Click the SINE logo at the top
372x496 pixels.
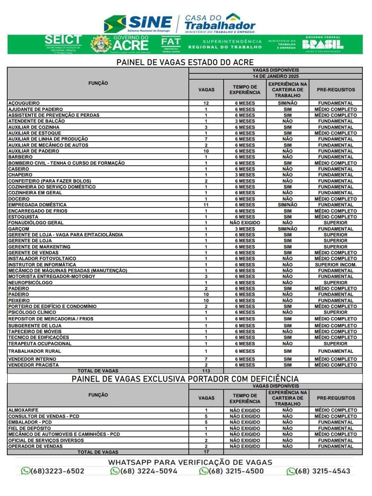coord(138,23)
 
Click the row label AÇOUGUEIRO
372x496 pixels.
coord(24,103)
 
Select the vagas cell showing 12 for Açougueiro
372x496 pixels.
coord(206,103)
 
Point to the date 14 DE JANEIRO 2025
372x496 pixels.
coord(276,76)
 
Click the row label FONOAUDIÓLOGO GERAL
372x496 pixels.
coord(36,223)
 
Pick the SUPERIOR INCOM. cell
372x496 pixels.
coord(335,265)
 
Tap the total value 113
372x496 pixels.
coord(206,371)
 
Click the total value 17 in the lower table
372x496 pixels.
coord(206,452)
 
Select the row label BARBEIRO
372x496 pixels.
coord(20,157)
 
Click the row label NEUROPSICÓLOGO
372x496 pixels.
coord(30,282)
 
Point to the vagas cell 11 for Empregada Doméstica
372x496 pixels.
coord(206,205)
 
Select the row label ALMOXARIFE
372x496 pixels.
coord(23,410)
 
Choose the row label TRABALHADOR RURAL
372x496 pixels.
coord(34,351)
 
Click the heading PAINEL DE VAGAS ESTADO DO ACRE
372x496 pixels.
coord(185,62)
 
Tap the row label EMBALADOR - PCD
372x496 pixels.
coord(30,422)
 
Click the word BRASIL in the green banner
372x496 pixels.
coord(323,44)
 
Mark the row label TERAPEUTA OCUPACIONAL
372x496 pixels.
coord(40,343)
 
